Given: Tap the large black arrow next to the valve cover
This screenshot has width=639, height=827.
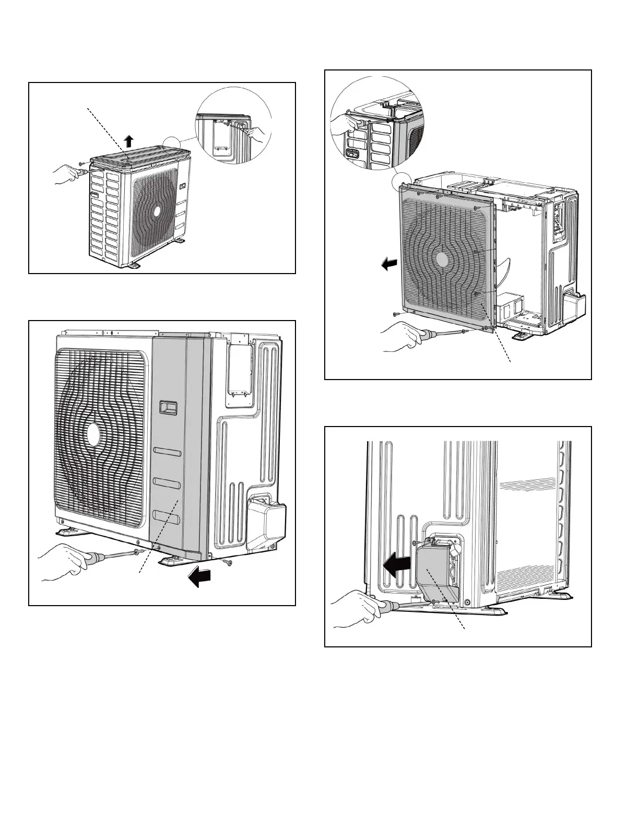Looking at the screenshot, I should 396,564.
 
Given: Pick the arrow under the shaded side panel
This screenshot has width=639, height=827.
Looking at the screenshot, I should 201,576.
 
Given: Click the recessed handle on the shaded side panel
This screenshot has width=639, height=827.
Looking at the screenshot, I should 168,407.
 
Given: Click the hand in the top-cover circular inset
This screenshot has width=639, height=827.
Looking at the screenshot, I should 258,134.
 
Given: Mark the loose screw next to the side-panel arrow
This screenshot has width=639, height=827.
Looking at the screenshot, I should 228,563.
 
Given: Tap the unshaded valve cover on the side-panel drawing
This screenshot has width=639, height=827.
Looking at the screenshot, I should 269,516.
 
